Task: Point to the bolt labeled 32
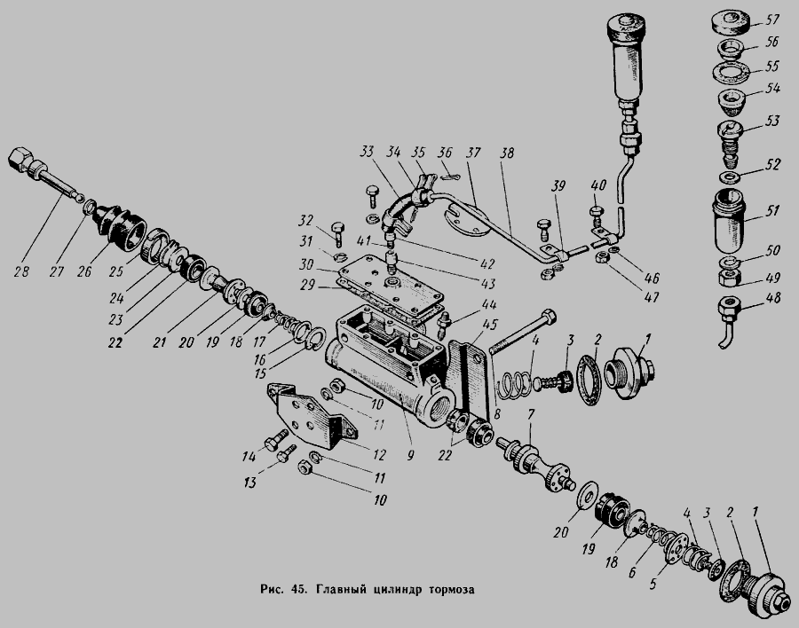(x=338, y=234)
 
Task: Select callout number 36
(x=446, y=152)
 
